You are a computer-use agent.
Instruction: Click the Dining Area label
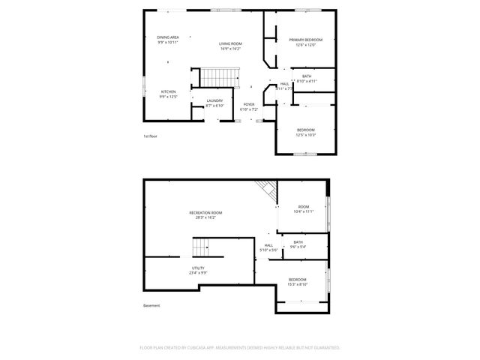168,37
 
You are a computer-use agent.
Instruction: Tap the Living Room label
230,44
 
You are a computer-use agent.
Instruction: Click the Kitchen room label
168,91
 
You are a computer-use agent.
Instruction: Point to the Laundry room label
214,100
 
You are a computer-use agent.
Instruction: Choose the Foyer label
249,104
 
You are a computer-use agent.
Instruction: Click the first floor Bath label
307,76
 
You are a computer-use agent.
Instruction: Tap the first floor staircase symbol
219,76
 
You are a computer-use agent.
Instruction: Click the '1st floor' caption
150,136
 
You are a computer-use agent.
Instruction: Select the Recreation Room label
205,213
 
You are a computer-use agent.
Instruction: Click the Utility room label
198,268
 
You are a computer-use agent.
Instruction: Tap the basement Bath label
298,241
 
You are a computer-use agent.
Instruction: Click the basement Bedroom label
298,280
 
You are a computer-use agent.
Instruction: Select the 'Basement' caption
151,305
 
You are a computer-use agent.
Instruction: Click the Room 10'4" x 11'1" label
304,207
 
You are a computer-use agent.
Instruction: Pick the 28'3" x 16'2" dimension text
205,218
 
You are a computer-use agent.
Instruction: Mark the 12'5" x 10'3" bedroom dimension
306,135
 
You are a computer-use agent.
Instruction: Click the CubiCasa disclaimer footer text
240,348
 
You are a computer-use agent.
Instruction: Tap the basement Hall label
268,244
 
